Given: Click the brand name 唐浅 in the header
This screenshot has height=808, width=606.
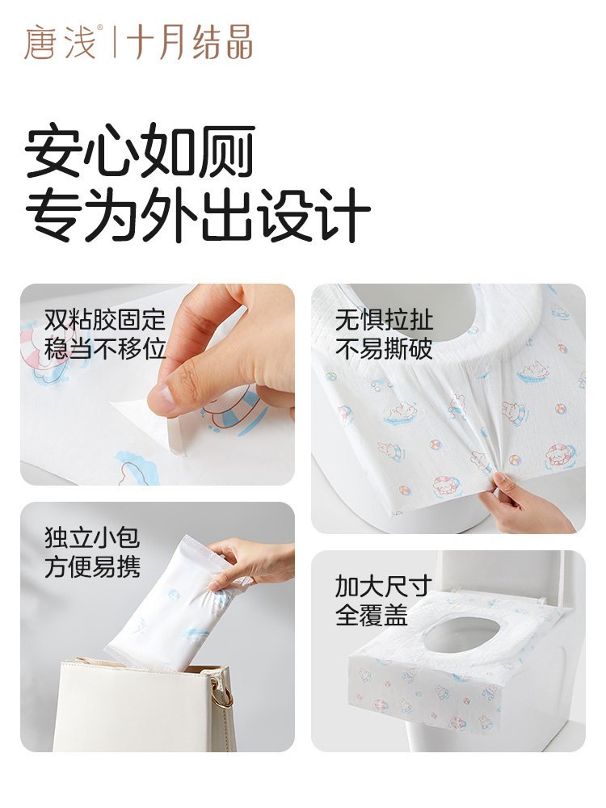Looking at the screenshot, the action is click(x=60, y=42).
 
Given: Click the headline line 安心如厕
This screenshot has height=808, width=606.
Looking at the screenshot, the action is click(x=140, y=150).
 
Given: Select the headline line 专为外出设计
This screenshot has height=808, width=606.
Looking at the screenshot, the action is click(x=197, y=214).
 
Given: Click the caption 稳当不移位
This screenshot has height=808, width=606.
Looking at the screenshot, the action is click(x=104, y=349).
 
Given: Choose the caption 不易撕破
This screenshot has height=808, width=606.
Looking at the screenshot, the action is click(x=384, y=349).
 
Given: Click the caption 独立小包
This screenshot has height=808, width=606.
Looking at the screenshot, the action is click(x=92, y=537).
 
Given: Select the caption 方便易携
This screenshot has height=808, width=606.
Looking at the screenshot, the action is click(x=92, y=567).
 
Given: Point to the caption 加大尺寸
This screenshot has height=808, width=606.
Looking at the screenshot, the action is click(x=383, y=586).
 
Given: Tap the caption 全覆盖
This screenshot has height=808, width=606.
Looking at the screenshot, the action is click(x=372, y=615).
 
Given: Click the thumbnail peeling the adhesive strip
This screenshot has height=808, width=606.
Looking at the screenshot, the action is click(x=158, y=385).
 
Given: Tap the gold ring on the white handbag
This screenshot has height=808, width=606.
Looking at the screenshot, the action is click(x=221, y=696).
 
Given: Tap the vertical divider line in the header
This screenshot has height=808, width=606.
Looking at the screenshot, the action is click(x=113, y=42).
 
